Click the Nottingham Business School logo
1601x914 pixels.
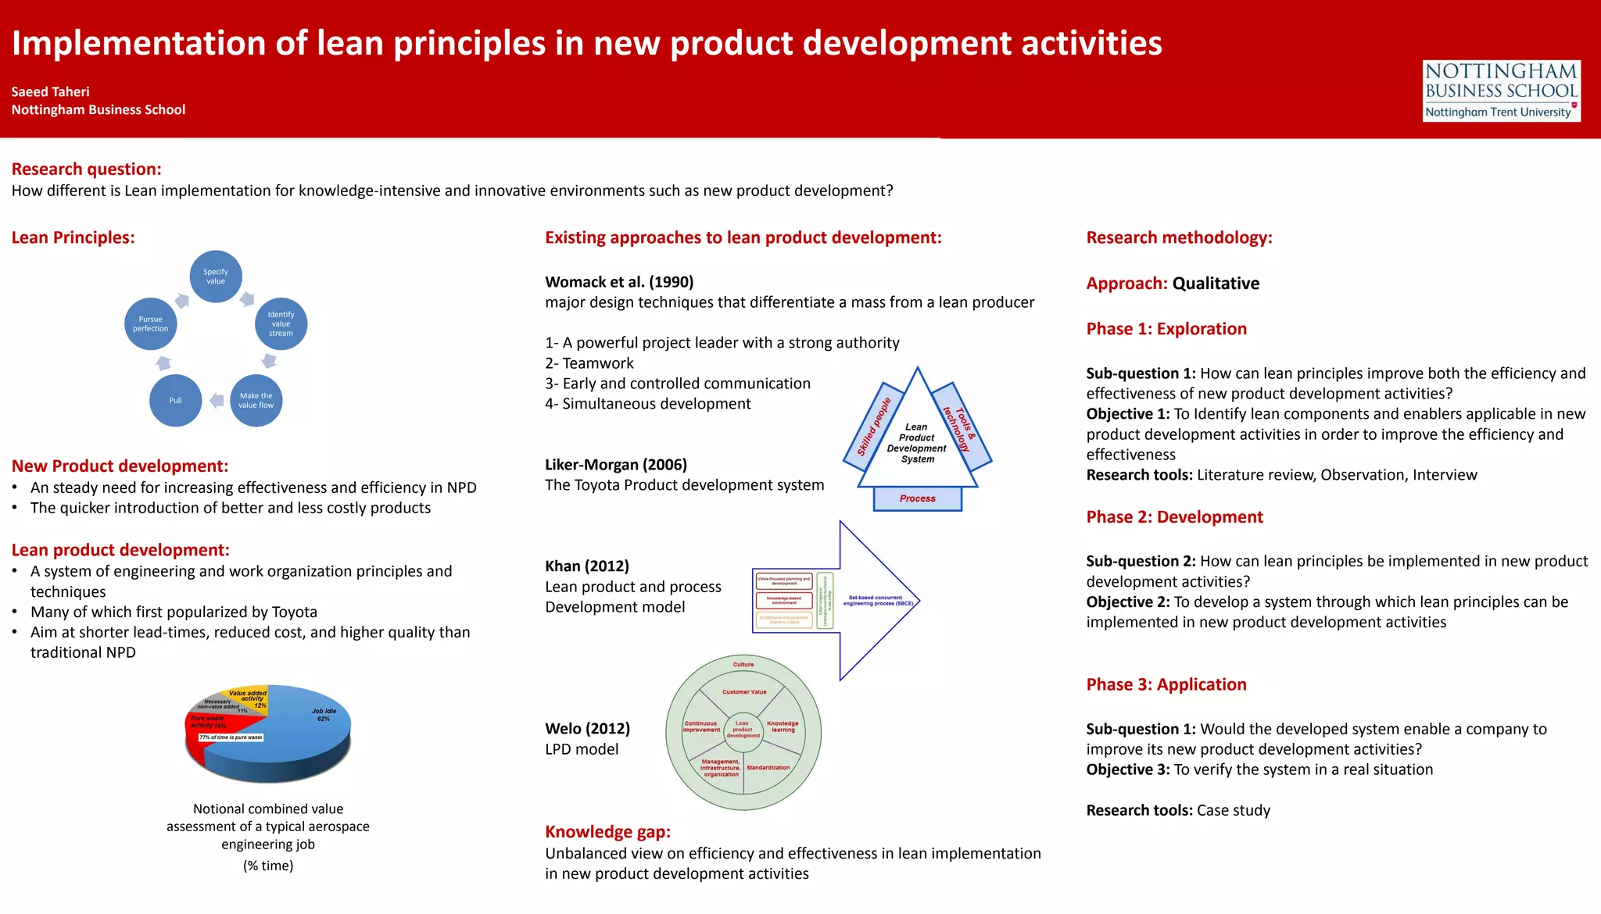(x=1501, y=91)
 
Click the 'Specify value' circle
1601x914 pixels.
(x=216, y=277)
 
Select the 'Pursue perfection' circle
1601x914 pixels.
(x=150, y=324)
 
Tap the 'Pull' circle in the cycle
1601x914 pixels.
(x=175, y=401)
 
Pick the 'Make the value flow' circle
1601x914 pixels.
(x=256, y=401)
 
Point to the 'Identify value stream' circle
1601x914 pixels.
(x=281, y=324)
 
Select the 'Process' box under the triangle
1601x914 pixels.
(x=917, y=498)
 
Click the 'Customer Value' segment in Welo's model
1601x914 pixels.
(x=743, y=692)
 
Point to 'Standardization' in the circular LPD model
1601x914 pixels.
(x=768, y=768)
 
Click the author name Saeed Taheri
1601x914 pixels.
(x=50, y=91)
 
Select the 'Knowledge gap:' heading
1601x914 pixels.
(x=607, y=832)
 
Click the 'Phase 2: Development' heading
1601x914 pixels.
(x=1174, y=517)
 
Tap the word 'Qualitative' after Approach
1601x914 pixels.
(x=1216, y=284)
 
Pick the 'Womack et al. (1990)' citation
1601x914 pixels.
(x=619, y=282)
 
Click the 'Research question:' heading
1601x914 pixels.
(x=86, y=170)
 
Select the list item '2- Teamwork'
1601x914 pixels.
(x=589, y=363)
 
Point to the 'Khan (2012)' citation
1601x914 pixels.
(x=587, y=566)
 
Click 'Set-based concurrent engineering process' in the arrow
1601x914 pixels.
(x=878, y=601)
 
